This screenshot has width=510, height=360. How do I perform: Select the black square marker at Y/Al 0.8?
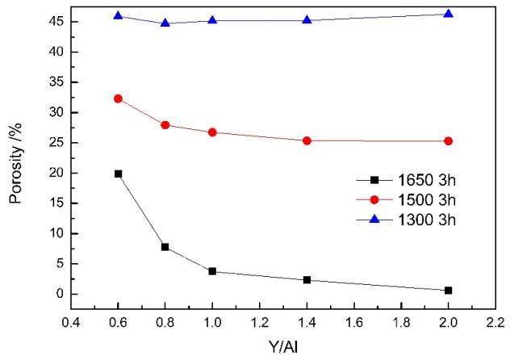coord(165,247)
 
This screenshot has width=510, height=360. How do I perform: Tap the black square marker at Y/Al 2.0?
coord(448,290)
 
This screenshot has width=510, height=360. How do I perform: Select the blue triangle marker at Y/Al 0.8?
coord(165,23)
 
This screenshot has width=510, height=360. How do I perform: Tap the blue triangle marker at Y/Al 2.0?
coord(448,14)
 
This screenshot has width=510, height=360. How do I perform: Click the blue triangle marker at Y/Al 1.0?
coord(212,19)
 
